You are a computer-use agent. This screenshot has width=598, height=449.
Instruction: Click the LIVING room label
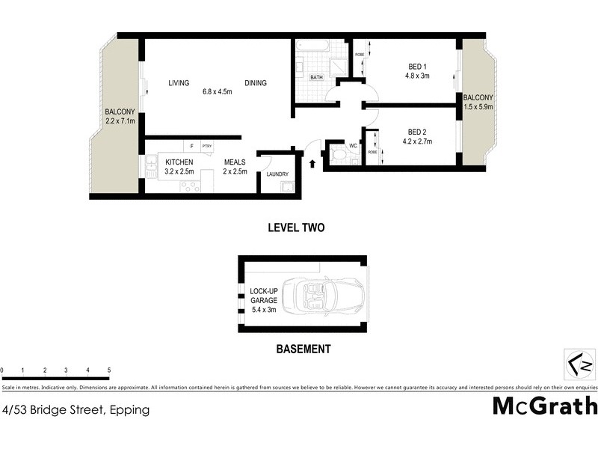click(x=179, y=83)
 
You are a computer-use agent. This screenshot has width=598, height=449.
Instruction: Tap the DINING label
click(x=255, y=83)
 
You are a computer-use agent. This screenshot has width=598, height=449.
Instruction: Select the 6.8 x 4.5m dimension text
click(x=218, y=93)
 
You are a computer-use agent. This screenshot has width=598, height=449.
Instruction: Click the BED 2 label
click(x=417, y=129)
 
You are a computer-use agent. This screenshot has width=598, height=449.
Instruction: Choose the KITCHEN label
click(x=179, y=162)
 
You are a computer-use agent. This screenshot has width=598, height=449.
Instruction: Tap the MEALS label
click(x=236, y=162)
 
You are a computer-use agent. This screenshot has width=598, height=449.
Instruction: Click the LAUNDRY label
click(x=277, y=175)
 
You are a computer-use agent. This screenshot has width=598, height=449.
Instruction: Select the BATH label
click(x=316, y=77)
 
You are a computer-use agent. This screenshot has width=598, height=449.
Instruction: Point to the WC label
click(x=354, y=146)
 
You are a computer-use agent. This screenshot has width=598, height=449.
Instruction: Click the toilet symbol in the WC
click(x=337, y=155)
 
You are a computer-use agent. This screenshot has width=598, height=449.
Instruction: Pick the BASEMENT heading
click(x=303, y=349)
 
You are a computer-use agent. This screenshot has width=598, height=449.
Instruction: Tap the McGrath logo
click(x=545, y=406)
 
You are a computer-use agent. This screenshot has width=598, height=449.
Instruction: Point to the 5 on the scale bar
click(x=109, y=370)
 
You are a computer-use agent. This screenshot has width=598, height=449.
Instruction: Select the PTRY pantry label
click(x=207, y=146)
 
